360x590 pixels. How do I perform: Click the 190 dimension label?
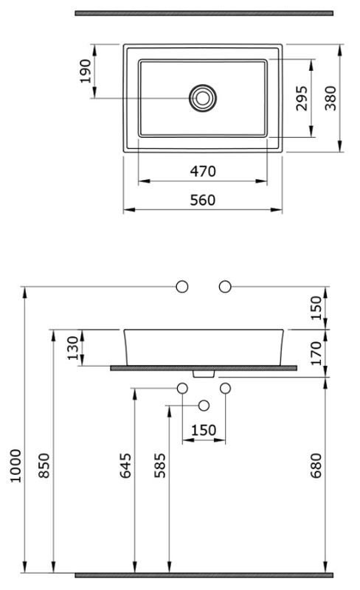point(86,71)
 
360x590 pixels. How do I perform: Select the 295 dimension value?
point(302,99)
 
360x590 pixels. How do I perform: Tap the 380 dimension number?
point(330,99)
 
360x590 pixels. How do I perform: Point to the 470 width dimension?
point(203,172)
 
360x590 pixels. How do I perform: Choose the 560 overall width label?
point(203,200)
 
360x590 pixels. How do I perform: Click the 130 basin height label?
point(73,348)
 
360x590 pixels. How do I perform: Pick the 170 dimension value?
point(316,353)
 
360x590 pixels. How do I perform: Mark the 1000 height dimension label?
point(16,465)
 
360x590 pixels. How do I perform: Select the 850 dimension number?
point(44,465)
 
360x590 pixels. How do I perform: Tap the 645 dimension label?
point(125,465)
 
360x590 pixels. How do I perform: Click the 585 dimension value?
point(160,465)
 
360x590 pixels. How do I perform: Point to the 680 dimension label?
point(316,465)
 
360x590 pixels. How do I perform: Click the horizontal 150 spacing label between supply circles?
point(204,430)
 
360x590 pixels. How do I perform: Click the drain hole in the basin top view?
point(203,98)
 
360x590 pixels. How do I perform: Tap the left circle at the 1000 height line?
point(182,287)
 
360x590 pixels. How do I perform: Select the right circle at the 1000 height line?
point(225,287)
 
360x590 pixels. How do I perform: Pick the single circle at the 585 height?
point(204,405)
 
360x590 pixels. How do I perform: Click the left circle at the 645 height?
point(182,388)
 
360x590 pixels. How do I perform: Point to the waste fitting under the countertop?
point(204,374)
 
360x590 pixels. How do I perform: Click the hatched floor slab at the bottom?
point(204,575)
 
